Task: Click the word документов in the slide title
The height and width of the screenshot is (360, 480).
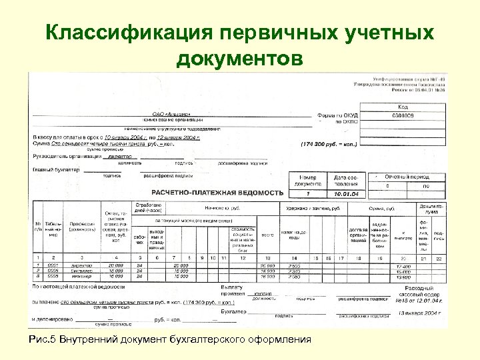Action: coord(239,59)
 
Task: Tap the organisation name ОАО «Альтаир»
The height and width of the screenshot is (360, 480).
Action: coord(172,114)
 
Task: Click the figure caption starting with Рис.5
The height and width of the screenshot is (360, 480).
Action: coord(171,339)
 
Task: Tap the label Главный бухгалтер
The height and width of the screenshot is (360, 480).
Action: coord(55,170)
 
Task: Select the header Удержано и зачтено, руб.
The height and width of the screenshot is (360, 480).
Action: coord(317,209)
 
